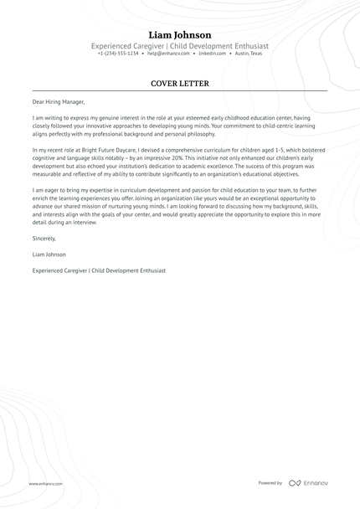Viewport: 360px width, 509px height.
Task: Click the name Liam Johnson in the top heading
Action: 180,34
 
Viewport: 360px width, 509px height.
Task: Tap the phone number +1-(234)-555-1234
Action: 118,53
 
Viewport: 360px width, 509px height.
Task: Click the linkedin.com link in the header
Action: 213,53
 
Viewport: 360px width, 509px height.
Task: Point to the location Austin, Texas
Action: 249,53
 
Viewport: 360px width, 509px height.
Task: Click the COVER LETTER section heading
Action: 180,84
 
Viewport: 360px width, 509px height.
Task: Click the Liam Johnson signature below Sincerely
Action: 49,254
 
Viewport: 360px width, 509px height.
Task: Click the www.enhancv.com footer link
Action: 44,483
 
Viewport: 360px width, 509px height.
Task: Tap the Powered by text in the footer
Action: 270,483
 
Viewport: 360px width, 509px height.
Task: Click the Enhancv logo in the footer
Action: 310,483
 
